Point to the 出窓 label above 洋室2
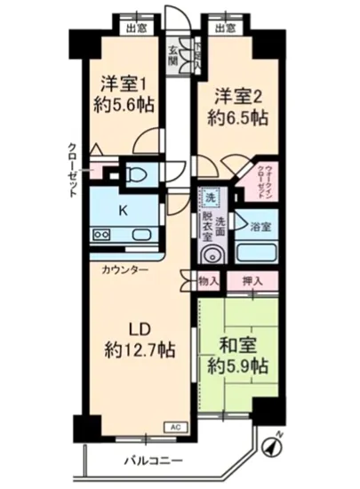(x=225, y=28)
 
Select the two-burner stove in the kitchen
(x=100, y=236)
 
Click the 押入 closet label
(x=252, y=282)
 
